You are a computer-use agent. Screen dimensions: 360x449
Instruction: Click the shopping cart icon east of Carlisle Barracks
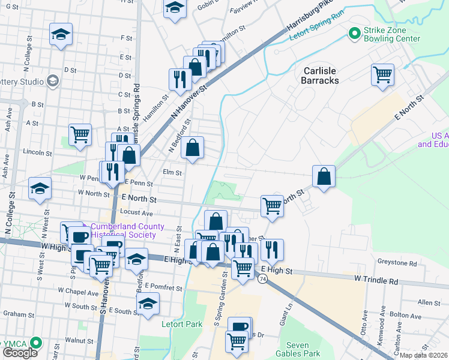[382, 76]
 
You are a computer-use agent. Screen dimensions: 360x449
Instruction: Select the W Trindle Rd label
[376, 280]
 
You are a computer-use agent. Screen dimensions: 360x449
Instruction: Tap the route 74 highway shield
[263, 279]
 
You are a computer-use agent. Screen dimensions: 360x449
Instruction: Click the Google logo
[20, 353]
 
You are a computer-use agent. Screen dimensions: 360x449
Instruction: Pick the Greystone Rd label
[397, 263]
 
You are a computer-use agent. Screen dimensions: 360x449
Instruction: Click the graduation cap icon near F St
[61, 35]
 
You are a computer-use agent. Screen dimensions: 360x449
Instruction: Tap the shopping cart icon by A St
[80, 134]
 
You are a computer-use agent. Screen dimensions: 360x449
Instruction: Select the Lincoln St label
[34, 152]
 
